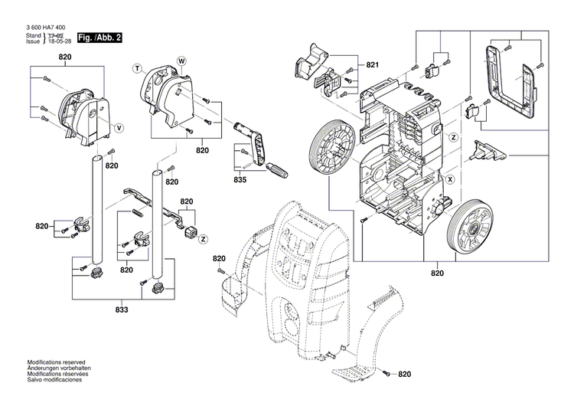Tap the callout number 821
click(373, 66)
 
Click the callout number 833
click(121, 309)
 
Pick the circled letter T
click(139, 68)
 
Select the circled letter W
click(181, 60)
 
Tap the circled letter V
click(119, 126)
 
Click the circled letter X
click(449, 179)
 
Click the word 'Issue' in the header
click(32, 43)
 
